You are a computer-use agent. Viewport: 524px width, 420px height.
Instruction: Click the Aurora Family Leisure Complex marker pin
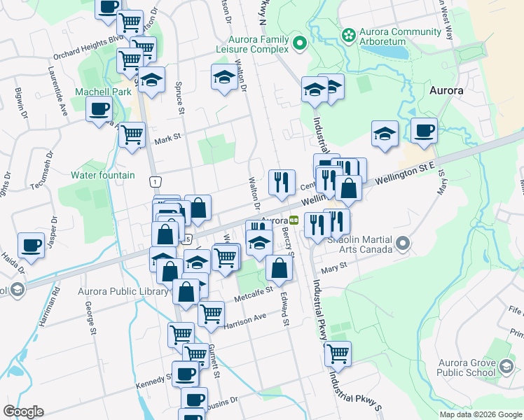click(x=300, y=44)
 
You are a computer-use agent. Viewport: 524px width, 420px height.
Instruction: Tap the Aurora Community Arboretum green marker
click(x=348, y=34)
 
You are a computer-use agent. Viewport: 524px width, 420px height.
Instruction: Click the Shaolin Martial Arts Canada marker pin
click(x=402, y=244)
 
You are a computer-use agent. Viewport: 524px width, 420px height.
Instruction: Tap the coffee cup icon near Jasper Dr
click(x=31, y=245)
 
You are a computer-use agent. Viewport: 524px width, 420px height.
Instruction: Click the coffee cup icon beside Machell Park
click(x=99, y=109)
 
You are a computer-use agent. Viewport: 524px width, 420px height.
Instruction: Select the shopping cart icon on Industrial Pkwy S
click(x=338, y=354)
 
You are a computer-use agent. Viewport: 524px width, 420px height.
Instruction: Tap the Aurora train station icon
click(x=295, y=220)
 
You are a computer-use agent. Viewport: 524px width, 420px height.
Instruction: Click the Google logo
click(x=23, y=412)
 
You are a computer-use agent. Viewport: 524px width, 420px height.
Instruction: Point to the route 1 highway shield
click(x=153, y=182)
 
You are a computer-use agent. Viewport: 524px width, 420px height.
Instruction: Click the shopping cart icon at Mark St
click(x=132, y=135)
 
